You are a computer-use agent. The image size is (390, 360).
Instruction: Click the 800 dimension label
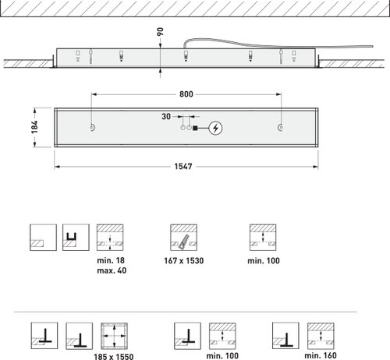(x=186, y=94)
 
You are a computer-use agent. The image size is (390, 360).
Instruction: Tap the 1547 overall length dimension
(x=183, y=166)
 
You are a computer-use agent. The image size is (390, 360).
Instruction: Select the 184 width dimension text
(x=34, y=127)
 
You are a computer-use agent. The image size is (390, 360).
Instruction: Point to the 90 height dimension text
(x=161, y=32)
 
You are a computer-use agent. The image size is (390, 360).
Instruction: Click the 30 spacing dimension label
(x=166, y=117)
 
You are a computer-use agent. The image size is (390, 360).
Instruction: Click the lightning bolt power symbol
(x=215, y=128)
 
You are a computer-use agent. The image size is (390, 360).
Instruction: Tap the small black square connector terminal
(x=195, y=128)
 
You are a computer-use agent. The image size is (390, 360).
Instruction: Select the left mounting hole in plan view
(x=93, y=127)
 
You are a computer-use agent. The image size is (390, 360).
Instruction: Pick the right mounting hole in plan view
(x=280, y=128)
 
